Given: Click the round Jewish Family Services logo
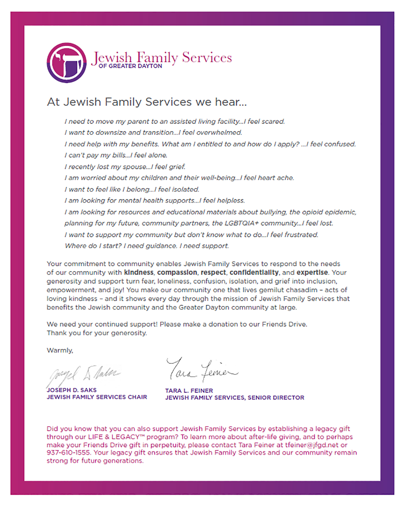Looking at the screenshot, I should click(x=67, y=63).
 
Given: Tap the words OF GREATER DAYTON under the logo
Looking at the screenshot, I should click(x=130, y=66).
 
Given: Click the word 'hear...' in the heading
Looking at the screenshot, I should click(x=231, y=102).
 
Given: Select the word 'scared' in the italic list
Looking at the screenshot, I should click(x=274, y=122).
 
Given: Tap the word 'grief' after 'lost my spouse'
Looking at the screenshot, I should click(x=177, y=167).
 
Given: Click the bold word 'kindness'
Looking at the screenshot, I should click(x=139, y=272).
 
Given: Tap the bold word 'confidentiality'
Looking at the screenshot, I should click(x=254, y=272).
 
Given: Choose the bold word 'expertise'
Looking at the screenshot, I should click(x=312, y=272).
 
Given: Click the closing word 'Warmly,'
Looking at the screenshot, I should click(x=60, y=350).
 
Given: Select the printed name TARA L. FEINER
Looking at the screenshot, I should click(x=189, y=391).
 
